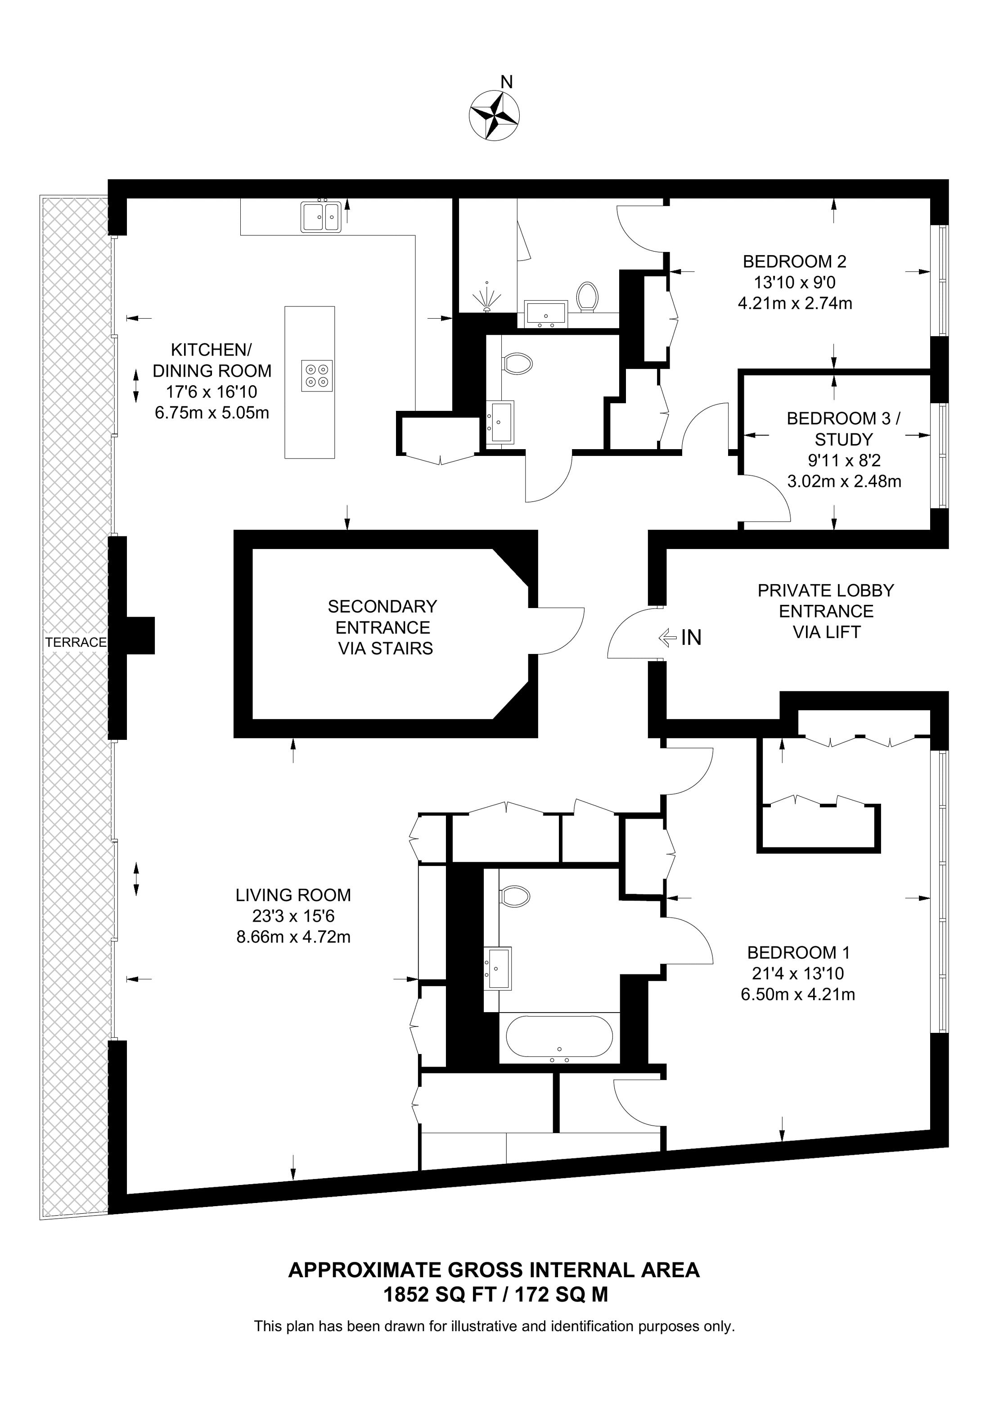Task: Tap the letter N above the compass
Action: click(x=506, y=82)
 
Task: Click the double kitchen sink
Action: click(x=321, y=216)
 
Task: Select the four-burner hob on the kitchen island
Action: click(x=317, y=376)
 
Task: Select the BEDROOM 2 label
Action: click(x=794, y=262)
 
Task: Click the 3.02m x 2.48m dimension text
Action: click(x=844, y=482)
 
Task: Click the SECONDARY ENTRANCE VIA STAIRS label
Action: click(x=383, y=627)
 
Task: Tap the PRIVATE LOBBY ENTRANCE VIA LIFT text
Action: click(x=826, y=612)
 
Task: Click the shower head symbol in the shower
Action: click(x=487, y=298)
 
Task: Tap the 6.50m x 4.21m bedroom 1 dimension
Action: click(x=798, y=995)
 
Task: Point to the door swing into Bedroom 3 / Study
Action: click(x=765, y=497)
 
